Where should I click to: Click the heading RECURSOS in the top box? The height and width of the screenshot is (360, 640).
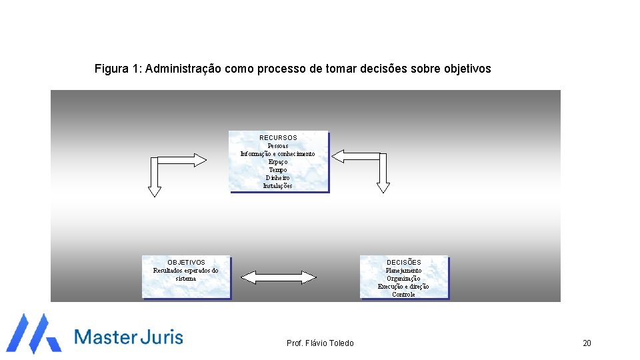[278, 138]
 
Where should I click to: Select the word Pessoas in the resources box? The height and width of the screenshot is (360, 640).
[278, 146]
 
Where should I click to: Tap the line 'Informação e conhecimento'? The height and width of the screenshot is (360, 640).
[278, 154]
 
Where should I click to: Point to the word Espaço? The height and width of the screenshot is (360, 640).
[278, 162]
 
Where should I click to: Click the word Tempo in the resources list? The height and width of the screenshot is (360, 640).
[278, 170]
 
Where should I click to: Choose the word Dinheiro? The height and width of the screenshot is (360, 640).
[278, 178]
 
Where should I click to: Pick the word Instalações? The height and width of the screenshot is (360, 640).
[278, 186]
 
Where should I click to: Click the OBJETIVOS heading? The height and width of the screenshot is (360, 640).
[186, 263]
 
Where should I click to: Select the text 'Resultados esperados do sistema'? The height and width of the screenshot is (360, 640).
[186, 274]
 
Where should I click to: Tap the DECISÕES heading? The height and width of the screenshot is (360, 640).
[404, 263]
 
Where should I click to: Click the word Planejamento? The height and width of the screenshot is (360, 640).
[404, 271]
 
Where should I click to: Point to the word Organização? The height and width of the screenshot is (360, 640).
[404, 279]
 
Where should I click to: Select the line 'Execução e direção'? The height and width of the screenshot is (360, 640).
[404, 287]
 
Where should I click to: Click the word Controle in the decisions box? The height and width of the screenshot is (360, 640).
[404, 295]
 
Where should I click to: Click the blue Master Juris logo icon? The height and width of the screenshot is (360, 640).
[33, 333]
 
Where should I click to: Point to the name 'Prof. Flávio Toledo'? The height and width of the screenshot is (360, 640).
[320, 343]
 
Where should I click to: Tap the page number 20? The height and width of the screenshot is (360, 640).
[587, 343]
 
